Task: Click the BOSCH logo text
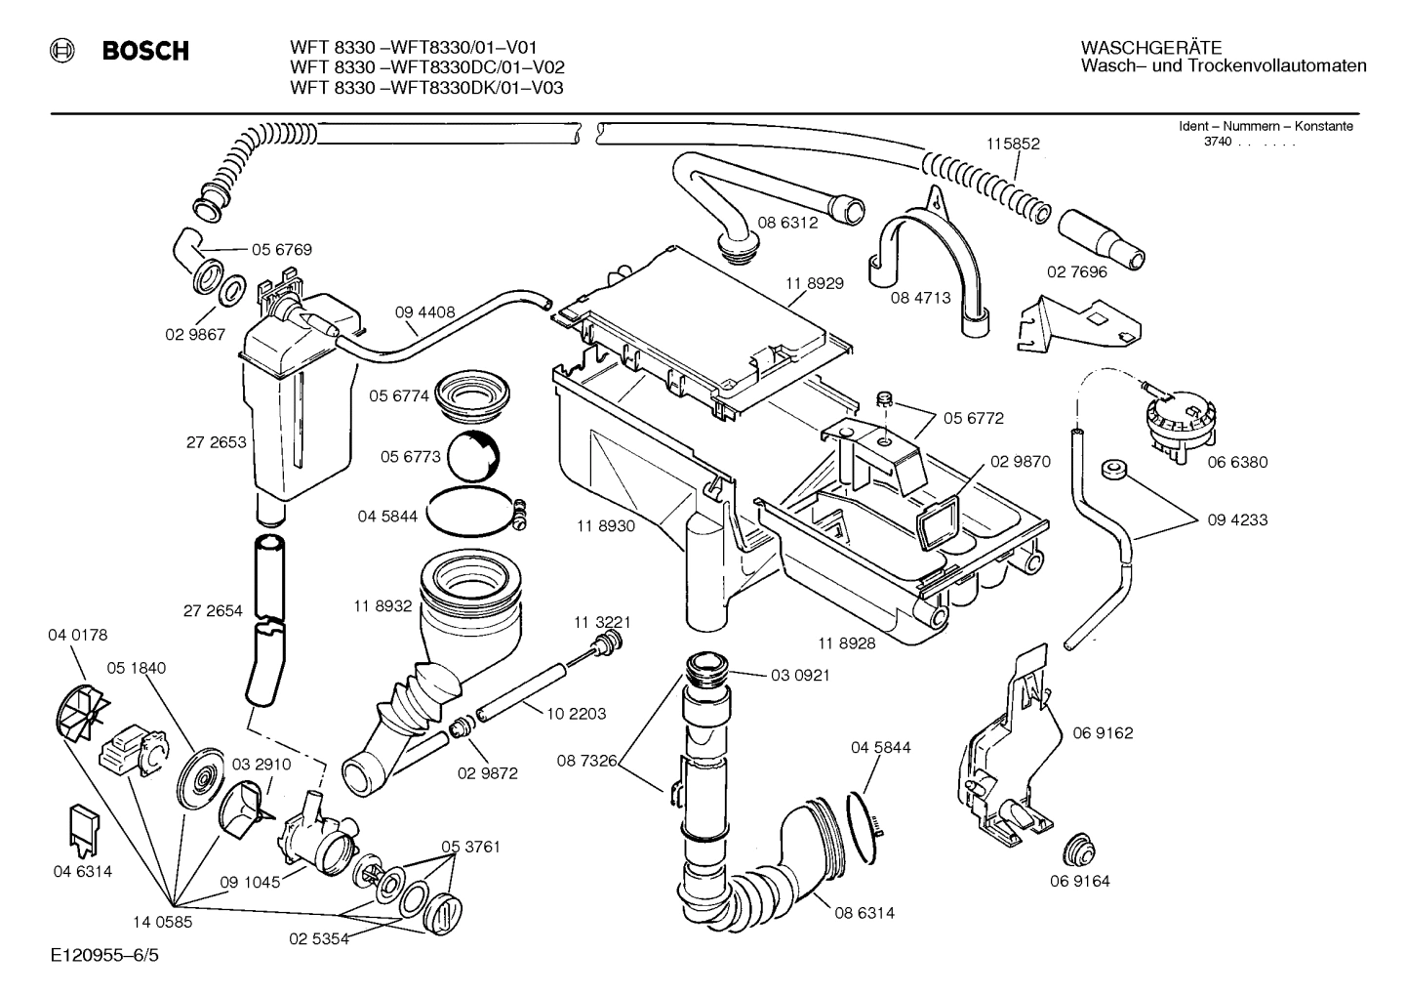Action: click(145, 52)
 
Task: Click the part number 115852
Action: click(1013, 144)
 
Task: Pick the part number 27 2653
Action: click(216, 442)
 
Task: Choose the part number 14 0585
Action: click(162, 920)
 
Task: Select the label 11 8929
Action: click(814, 283)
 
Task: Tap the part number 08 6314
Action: click(864, 913)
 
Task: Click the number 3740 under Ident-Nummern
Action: click(1218, 143)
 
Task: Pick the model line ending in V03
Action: click(426, 88)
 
